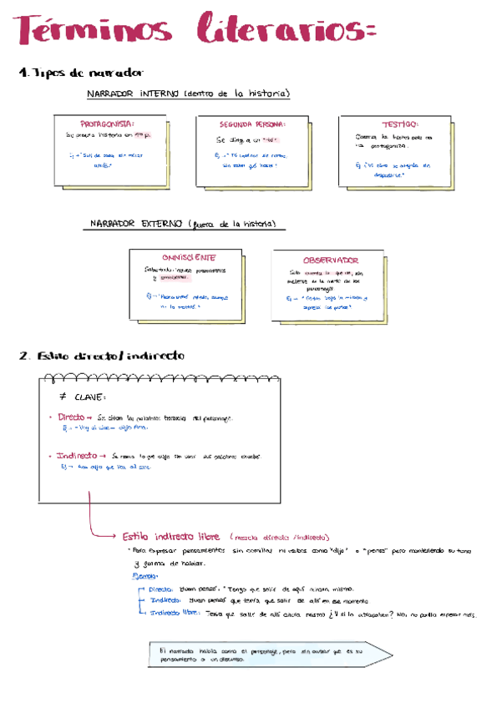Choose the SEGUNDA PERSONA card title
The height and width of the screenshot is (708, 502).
(247, 124)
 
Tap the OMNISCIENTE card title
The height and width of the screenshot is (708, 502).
(189, 257)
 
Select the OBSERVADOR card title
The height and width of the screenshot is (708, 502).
(331, 260)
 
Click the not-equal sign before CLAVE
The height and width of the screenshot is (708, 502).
(63, 397)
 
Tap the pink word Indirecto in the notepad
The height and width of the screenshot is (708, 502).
(78, 456)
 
